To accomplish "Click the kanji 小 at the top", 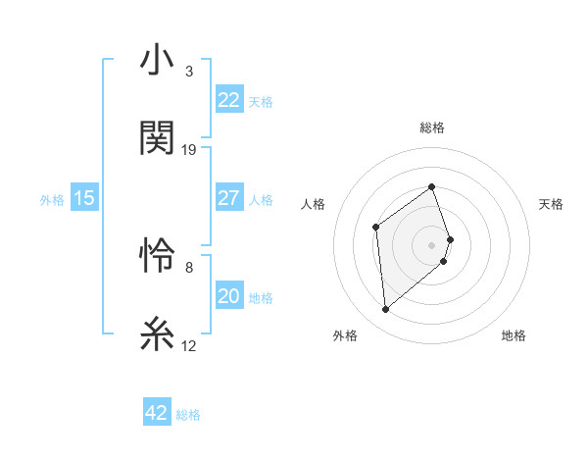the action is (x=157, y=62).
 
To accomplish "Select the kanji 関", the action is (x=157, y=139).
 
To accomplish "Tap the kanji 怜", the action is (x=157, y=258).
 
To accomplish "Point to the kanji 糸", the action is (x=157, y=335).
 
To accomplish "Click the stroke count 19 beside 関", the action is (x=189, y=150).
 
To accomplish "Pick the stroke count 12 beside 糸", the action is (x=189, y=345).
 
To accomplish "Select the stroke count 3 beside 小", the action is (x=189, y=72).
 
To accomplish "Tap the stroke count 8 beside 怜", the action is (x=189, y=267).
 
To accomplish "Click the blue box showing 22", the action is (x=228, y=100).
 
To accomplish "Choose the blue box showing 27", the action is (x=228, y=198).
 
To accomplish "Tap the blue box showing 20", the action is (x=228, y=296).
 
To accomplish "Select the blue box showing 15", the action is (x=84, y=198).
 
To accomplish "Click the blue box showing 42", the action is (x=157, y=413).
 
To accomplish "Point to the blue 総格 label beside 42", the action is (x=188, y=415).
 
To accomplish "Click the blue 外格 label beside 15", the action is (x=52, y=200).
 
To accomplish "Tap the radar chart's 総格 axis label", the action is (x=431, y=128).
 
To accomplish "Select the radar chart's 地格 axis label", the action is (x=514, y=335).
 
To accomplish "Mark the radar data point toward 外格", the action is (x=385, y=310).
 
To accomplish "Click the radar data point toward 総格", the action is (x=431, y=186).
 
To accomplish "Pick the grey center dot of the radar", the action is (x=431, y=243).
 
